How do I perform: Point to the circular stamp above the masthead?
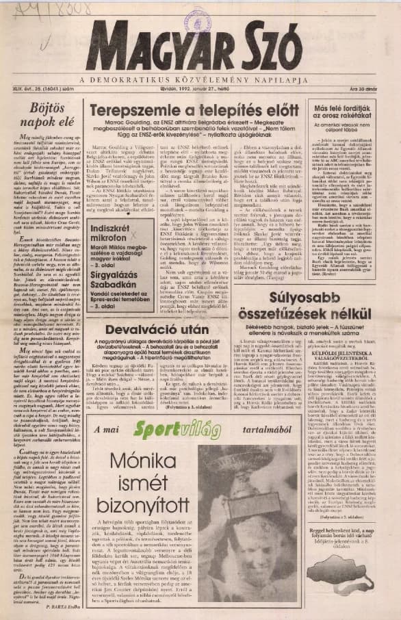click(x=194, y=25)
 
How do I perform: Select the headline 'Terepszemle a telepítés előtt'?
click(x=194, y=111)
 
